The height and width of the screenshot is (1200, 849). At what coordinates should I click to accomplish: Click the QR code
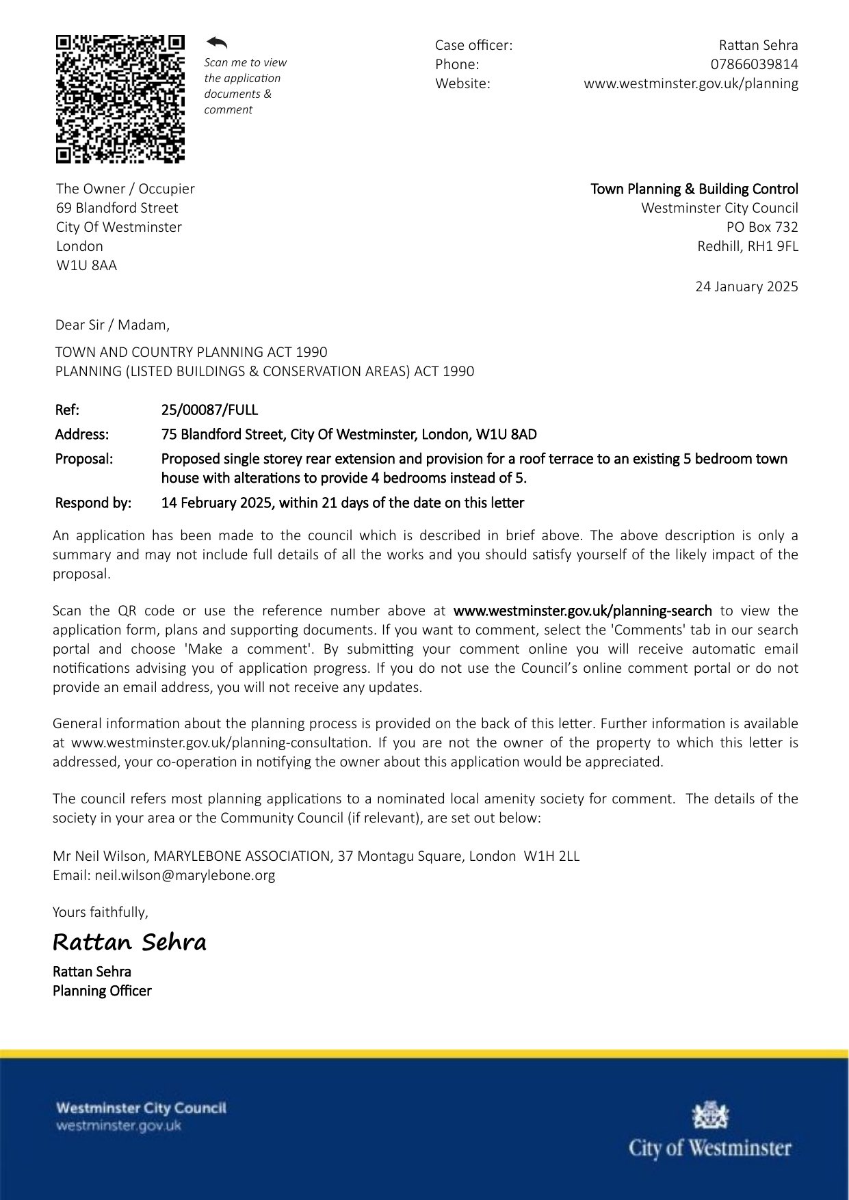pyautogui.click(x=120, y=99)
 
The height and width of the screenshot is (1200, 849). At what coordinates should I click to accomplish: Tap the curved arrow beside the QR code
pyautogui.click(x=217, y=43)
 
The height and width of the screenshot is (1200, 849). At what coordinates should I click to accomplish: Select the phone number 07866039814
pyautogui.click(x=754, y=64)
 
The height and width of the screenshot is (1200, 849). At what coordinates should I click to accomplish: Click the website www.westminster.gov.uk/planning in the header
pyautogui.click(x=690, y=83)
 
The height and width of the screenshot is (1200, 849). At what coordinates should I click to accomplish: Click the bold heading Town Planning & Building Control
pyautogui.click(x=694, y=189)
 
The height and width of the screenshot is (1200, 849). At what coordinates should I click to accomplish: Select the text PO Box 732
pyautogui.click(x=762, y=227)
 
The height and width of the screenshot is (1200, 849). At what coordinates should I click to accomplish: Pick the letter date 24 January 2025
pyautogui.click(x=746, y=286)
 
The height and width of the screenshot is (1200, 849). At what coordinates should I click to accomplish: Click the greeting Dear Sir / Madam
pyautogui.click(x=112, y=325)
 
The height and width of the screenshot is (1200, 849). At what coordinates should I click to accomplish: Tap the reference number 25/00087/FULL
pyautogui.click(x=209, y=410)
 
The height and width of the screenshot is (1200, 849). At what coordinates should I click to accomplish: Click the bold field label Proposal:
pyautogui.click(x=83, y=459)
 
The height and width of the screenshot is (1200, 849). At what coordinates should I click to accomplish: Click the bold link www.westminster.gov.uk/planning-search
pyautogui.click(x=582, y=611)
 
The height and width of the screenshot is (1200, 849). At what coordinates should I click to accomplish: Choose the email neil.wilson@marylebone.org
pyautogui.click(x=185, y=875)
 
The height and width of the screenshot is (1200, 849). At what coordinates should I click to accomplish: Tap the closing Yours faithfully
pyautogui.click(x=100, y=912)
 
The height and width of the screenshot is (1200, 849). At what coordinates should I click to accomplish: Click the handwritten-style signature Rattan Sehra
pyautogui.click(x=129, y=942)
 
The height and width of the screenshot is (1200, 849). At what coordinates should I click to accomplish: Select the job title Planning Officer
pyautogui.click(x=102, y=991)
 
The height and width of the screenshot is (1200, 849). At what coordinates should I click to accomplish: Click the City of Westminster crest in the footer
pyautogui.click(x=710, y=1115)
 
